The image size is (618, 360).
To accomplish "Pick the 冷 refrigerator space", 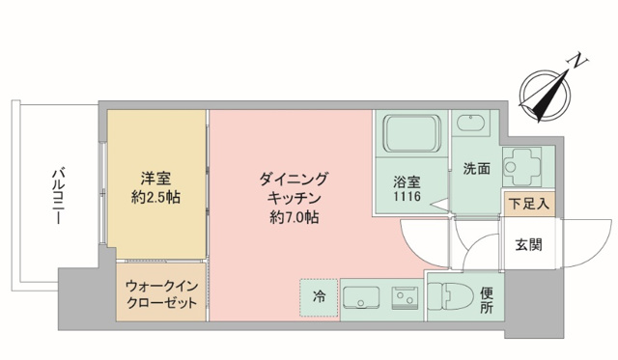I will (x=319, y=296).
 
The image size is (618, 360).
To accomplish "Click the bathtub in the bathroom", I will (x=411, y=135).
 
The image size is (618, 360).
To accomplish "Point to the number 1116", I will (x=407, y=196).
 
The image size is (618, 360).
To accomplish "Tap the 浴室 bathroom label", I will (x=407, y=180).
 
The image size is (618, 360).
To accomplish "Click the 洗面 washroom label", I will (x=475, y=168).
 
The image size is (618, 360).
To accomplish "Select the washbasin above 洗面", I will (x=473, y=126).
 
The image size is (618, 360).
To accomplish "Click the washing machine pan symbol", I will (x=527, y=165).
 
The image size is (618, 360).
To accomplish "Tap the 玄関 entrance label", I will (x=527, y=244).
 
